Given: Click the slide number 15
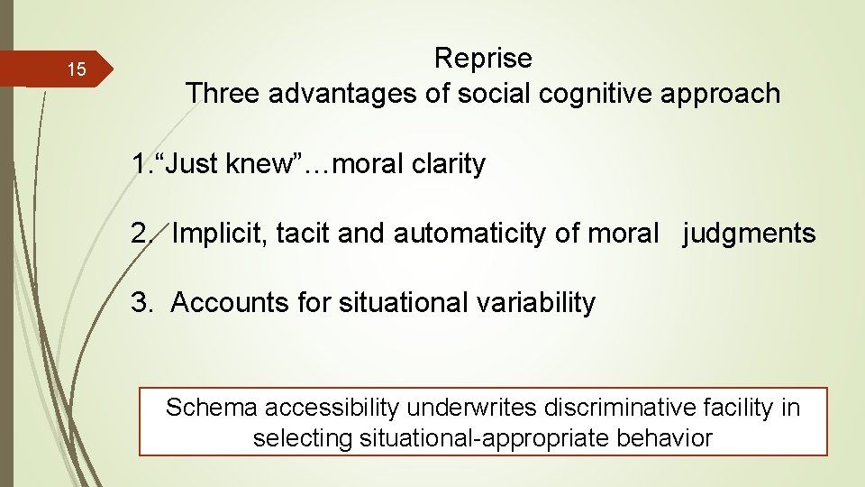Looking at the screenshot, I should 77,70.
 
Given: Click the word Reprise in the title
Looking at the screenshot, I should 483,59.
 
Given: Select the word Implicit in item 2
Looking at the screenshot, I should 220,234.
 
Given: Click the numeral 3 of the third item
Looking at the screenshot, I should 138,303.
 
